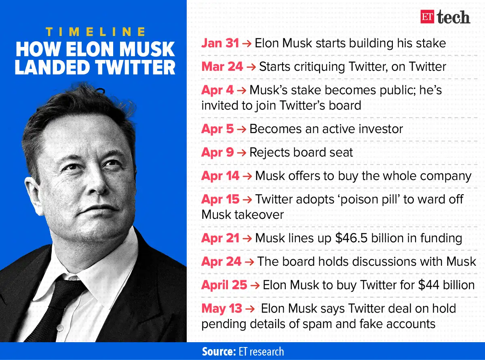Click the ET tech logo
click(445, 17)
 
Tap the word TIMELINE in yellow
click(96, 32)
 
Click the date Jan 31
click(220, 43)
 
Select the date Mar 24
click(222, 66)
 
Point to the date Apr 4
click(217, 90)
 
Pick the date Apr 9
click(217, 152)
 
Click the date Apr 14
click(220, 176)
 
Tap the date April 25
click(224, 285)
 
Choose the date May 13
click(222, 309)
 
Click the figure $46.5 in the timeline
click(351, 238)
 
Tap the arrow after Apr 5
click(241, 129)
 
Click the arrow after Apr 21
click(247, 238)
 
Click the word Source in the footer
click(218, 352)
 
